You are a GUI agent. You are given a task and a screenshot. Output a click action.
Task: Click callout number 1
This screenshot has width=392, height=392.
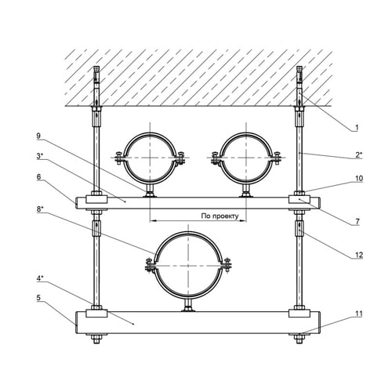tap(357, 128)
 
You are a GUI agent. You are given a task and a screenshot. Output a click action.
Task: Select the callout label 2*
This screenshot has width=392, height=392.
tap(359, 155)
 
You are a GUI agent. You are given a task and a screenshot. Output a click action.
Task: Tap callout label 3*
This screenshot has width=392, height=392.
tap(40, 156)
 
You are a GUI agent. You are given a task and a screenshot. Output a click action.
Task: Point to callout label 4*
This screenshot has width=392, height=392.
tap(40, 278)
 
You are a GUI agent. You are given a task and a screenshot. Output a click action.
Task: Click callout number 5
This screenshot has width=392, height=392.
tap(38, 298)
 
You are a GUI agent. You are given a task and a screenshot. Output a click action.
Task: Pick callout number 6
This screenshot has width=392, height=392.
tap(38, 177)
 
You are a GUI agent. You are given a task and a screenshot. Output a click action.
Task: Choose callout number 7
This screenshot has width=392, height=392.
tap(358, 222)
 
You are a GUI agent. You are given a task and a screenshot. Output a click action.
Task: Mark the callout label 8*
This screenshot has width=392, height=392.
tap(40, 209)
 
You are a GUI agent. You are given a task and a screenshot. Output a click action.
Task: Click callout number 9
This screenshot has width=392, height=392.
tap(38, 136)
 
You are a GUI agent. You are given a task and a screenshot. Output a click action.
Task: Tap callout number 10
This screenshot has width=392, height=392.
tap(359, 179)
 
